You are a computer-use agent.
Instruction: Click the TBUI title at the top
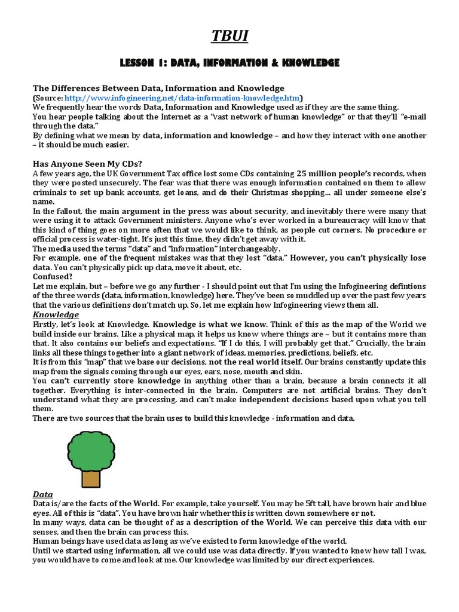[229, 37]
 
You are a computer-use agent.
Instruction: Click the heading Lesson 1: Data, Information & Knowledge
[229, 63]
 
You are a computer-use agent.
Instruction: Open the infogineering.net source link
[183, 97]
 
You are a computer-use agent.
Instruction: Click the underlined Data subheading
[42, 495]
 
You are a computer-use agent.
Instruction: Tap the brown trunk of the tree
[91, 478]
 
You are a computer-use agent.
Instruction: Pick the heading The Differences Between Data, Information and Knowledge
[158, 88]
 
